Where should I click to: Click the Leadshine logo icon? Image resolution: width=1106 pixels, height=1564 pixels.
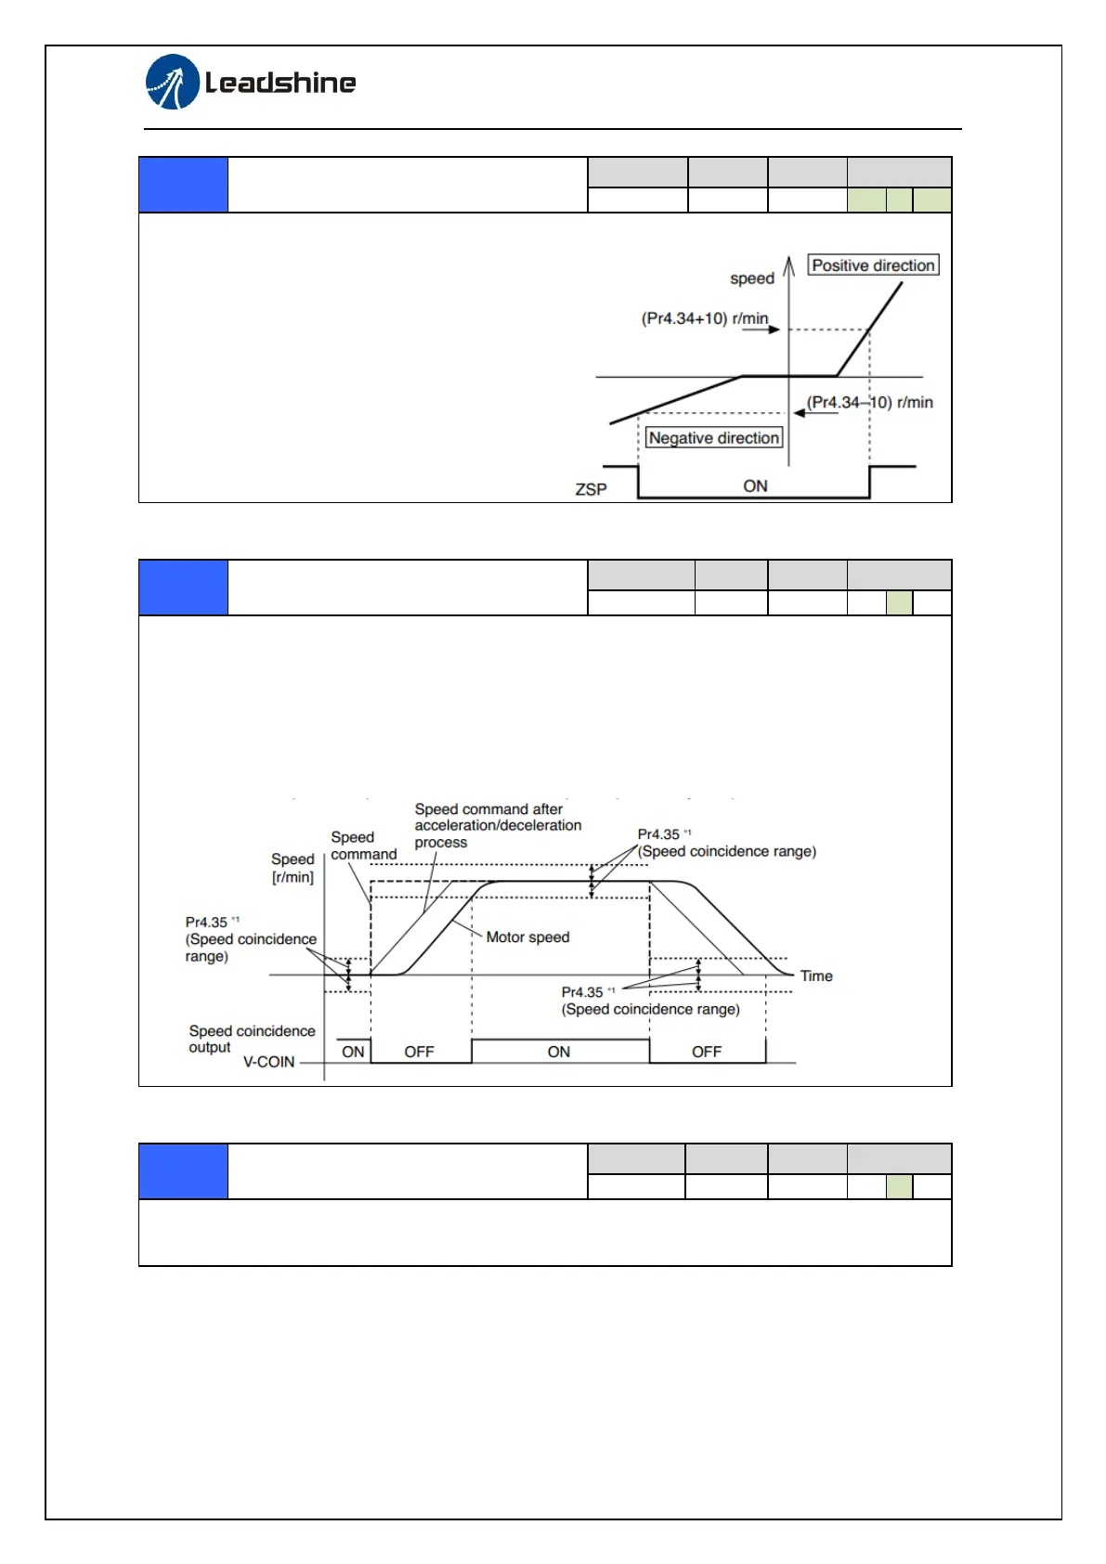(173, 82)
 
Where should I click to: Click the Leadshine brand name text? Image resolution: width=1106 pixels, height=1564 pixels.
(280, 84)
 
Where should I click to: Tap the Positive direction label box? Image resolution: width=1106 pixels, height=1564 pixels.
(873, 265)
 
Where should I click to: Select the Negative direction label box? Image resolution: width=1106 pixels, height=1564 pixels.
(713, 438)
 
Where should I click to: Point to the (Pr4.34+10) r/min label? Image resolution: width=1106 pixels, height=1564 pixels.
(705, 318)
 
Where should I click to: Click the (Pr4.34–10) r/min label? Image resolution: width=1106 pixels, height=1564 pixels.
(869, 402)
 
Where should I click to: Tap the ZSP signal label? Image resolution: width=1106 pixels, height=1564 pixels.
(591, 489)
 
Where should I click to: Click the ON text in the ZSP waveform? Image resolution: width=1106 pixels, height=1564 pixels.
(755, 486)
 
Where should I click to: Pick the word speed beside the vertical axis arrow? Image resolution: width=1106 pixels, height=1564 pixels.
(751, 278)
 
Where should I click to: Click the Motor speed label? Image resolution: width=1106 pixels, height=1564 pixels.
(527, 937)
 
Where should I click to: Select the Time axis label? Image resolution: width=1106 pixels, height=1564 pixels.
(816, 976)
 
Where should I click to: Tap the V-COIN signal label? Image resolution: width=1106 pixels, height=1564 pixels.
(268, 1062)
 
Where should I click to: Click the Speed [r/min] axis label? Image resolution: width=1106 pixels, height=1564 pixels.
(293, 868)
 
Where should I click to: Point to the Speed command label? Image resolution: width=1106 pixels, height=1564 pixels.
(363, 846)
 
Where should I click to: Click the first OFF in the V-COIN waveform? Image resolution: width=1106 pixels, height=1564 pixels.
(419, 1052)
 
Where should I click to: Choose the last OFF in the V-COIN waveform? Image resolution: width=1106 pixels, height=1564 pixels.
(706, 1052)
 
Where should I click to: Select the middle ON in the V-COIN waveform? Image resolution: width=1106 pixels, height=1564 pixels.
(558, 1052)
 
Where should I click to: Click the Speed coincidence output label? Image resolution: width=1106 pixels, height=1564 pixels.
(252, 1039)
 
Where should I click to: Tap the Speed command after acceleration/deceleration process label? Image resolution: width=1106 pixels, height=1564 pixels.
(498, 825)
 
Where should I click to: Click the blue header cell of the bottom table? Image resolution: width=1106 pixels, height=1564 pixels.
(183, 1171)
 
